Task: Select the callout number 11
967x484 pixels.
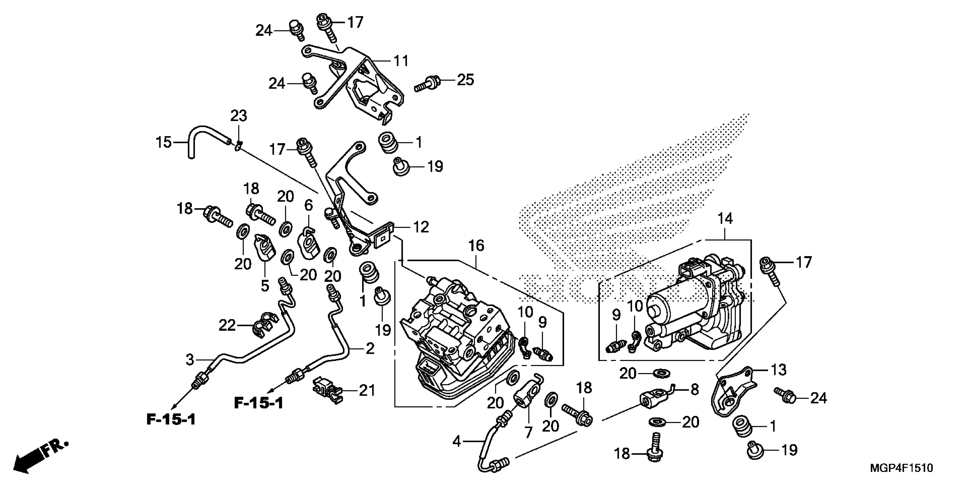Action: [x=401, y=61]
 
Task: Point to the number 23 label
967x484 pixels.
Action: [x=239, y=116]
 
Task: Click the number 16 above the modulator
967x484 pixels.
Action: [x=476, y=246]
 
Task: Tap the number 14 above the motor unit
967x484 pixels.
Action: [x=725, y=218]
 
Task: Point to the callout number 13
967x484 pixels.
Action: [x=778, y=370]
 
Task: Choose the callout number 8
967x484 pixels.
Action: [x=695, y=390]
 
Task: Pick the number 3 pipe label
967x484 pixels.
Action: [x=190, y=360]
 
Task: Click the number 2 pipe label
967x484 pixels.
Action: [x=370, y=349]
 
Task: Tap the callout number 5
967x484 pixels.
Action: [x=265, y=286]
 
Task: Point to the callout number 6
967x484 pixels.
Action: [x=308, y=205]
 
